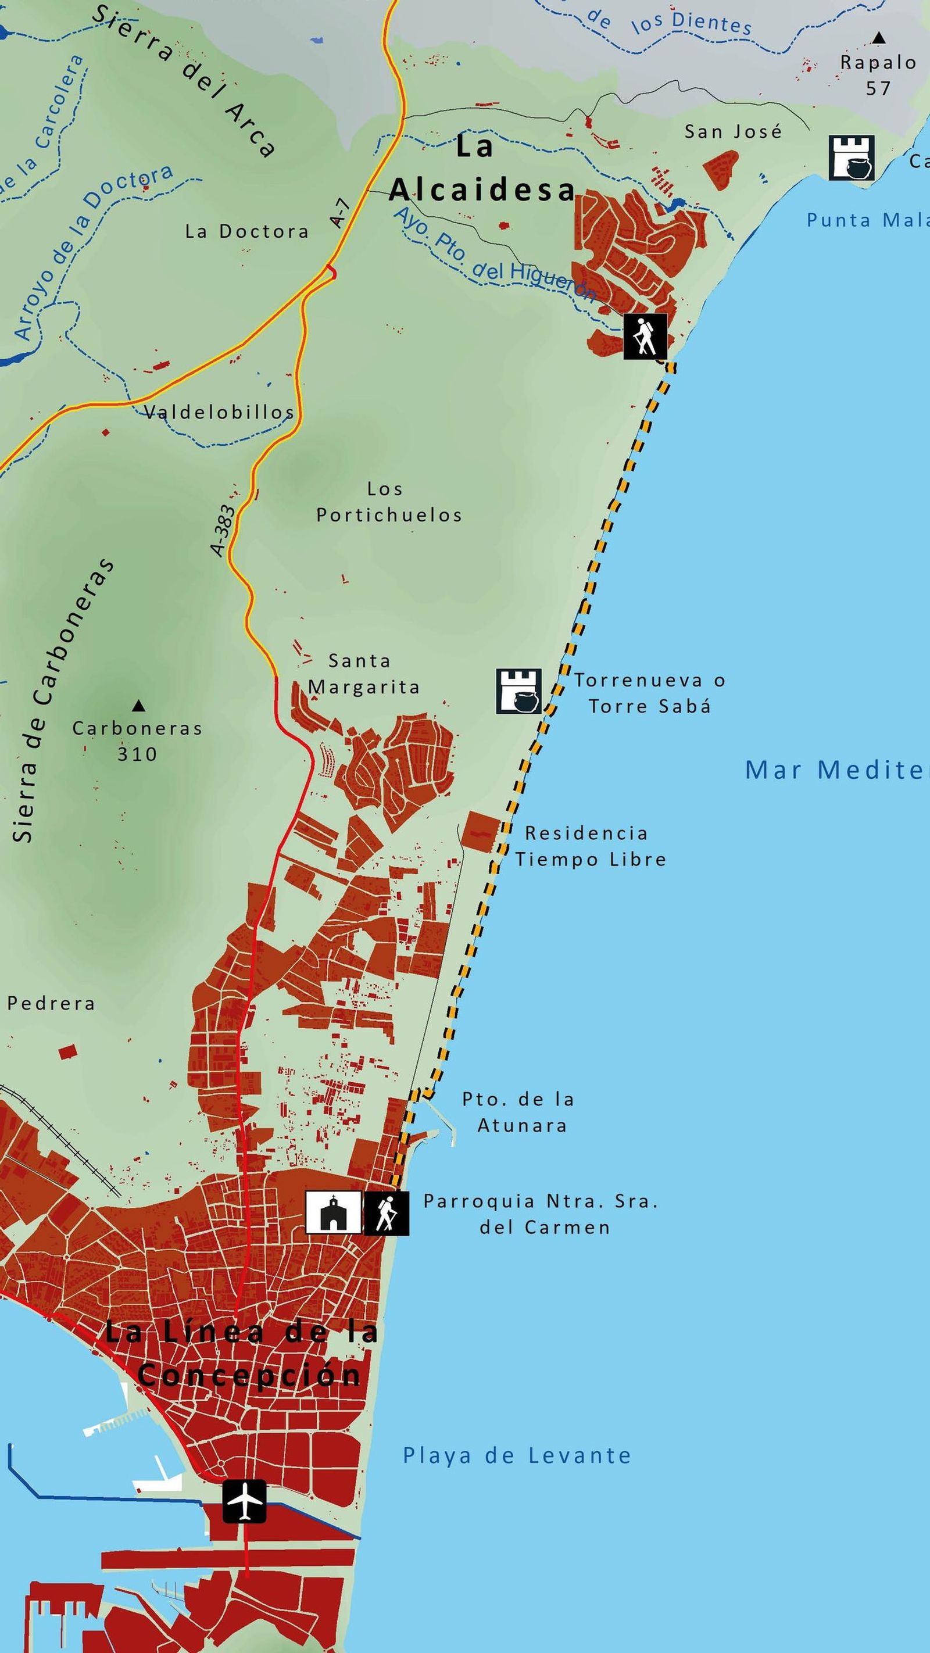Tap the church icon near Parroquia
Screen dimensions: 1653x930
point(332,1212)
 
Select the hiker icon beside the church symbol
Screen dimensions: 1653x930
point(387,1212)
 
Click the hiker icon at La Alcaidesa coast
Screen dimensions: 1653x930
point(645,337)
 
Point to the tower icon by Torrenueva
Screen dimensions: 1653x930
point(518,691)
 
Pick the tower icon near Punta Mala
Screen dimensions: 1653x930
point(851,157)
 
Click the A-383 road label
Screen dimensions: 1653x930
point(223,530)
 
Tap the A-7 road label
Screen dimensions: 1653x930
point(339,213)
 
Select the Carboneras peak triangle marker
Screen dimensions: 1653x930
point(138,706)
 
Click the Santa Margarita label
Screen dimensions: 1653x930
point(363,674)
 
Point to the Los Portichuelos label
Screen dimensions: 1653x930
point(389,502)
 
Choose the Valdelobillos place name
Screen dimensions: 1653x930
point(219,412)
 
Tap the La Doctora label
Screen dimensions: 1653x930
point(247,231)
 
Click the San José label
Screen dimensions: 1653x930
point(733,131)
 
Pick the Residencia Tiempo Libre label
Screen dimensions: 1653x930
point(591,846)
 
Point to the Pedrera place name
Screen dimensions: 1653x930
point(51,1003)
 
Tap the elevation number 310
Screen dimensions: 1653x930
point(137,753)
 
